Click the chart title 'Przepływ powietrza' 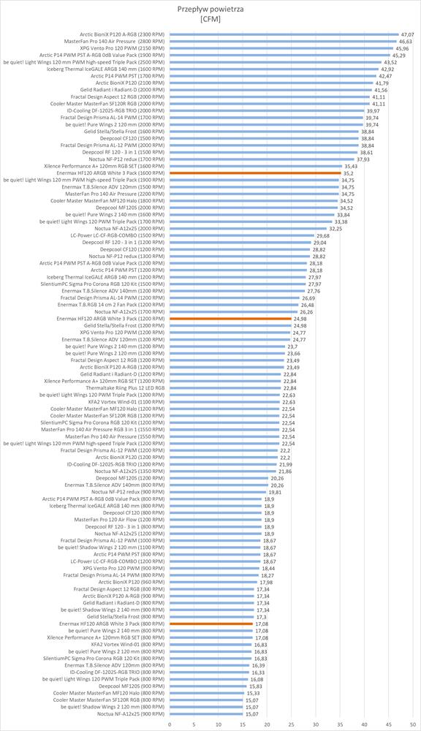[x=210, y=9]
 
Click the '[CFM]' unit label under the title [x=210, y=19]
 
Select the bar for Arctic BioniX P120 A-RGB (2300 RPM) [x=284, y=34]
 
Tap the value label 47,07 [x=407, y=34]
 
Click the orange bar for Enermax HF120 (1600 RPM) [x=256, y=173]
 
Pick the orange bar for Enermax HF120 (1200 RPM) [x=230, y=319]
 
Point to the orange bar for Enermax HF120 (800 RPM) [x=211, y=624]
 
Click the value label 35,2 [x=348, y=173]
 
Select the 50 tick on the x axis [x=413, y=724]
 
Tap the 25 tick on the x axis [x=292, y=724]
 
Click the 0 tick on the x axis [x=170, y=724]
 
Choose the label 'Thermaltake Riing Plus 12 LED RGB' [x=125, y=388]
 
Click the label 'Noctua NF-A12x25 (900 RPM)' [x=131, y=713]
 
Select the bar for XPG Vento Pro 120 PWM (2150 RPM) [x=281, y=48]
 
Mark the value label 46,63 [x=405, y=42]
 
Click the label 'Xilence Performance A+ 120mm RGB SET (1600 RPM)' [x=104, y=166]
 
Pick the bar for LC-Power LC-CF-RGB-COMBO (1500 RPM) [x=242, y=235]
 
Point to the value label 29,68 [x=322, y=235]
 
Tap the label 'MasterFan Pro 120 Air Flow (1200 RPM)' [x=119, y=519]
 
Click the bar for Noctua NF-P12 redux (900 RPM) [x=218, y=492]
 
